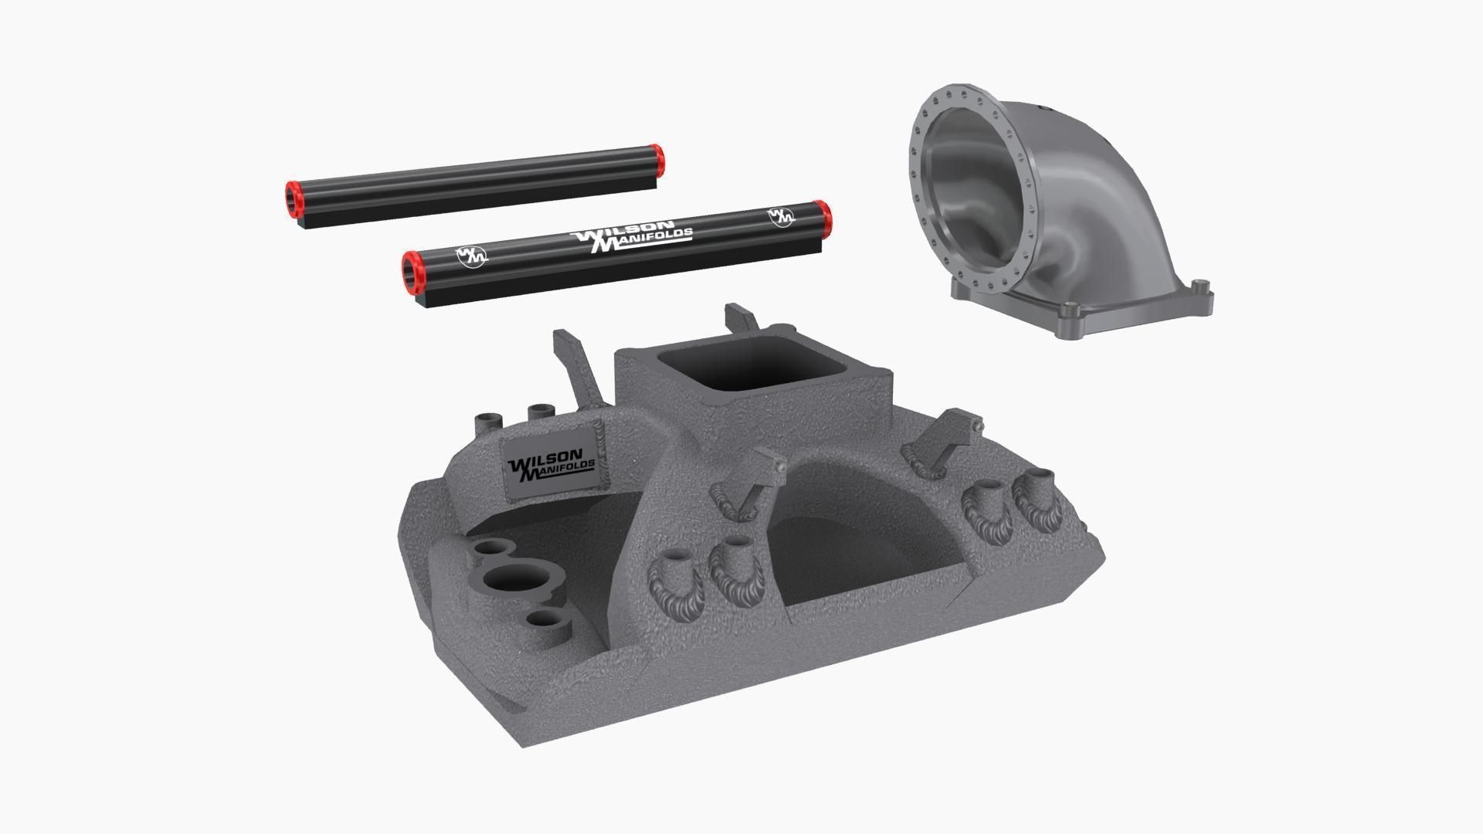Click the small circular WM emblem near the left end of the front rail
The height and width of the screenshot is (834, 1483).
(470, 256)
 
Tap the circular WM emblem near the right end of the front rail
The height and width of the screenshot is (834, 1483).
(781, 216)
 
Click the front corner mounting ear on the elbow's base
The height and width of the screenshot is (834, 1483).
(1071, 315)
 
